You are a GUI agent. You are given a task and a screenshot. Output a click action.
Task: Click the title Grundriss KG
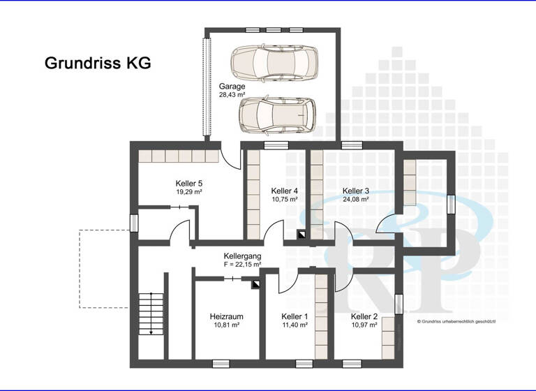point(98,63)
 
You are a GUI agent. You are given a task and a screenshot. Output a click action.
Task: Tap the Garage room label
point(232,87)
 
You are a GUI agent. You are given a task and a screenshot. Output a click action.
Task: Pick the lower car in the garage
point(276,115)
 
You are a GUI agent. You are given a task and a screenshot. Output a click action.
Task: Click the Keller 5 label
point(188,183)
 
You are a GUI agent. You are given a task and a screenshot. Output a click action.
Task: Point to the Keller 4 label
point(285,191)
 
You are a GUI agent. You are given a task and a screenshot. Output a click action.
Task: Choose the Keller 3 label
point(355,191)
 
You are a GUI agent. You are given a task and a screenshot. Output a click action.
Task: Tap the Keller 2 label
point(364,316)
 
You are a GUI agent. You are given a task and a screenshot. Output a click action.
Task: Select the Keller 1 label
point(295,316)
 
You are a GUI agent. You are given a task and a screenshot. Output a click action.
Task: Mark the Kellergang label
point(242,256)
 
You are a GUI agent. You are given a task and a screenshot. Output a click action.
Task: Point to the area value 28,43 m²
point(232,94)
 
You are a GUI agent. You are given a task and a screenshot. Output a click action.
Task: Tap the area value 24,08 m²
point(355,199)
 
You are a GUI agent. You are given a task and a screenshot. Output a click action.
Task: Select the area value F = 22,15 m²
point(242,265)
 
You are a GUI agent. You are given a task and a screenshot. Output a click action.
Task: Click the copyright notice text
point(456,322)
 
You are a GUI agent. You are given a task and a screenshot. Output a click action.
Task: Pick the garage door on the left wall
point(207,87)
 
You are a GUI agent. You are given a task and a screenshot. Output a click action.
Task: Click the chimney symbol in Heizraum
point(255,284)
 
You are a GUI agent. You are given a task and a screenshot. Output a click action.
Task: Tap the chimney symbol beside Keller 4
point(301,235)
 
